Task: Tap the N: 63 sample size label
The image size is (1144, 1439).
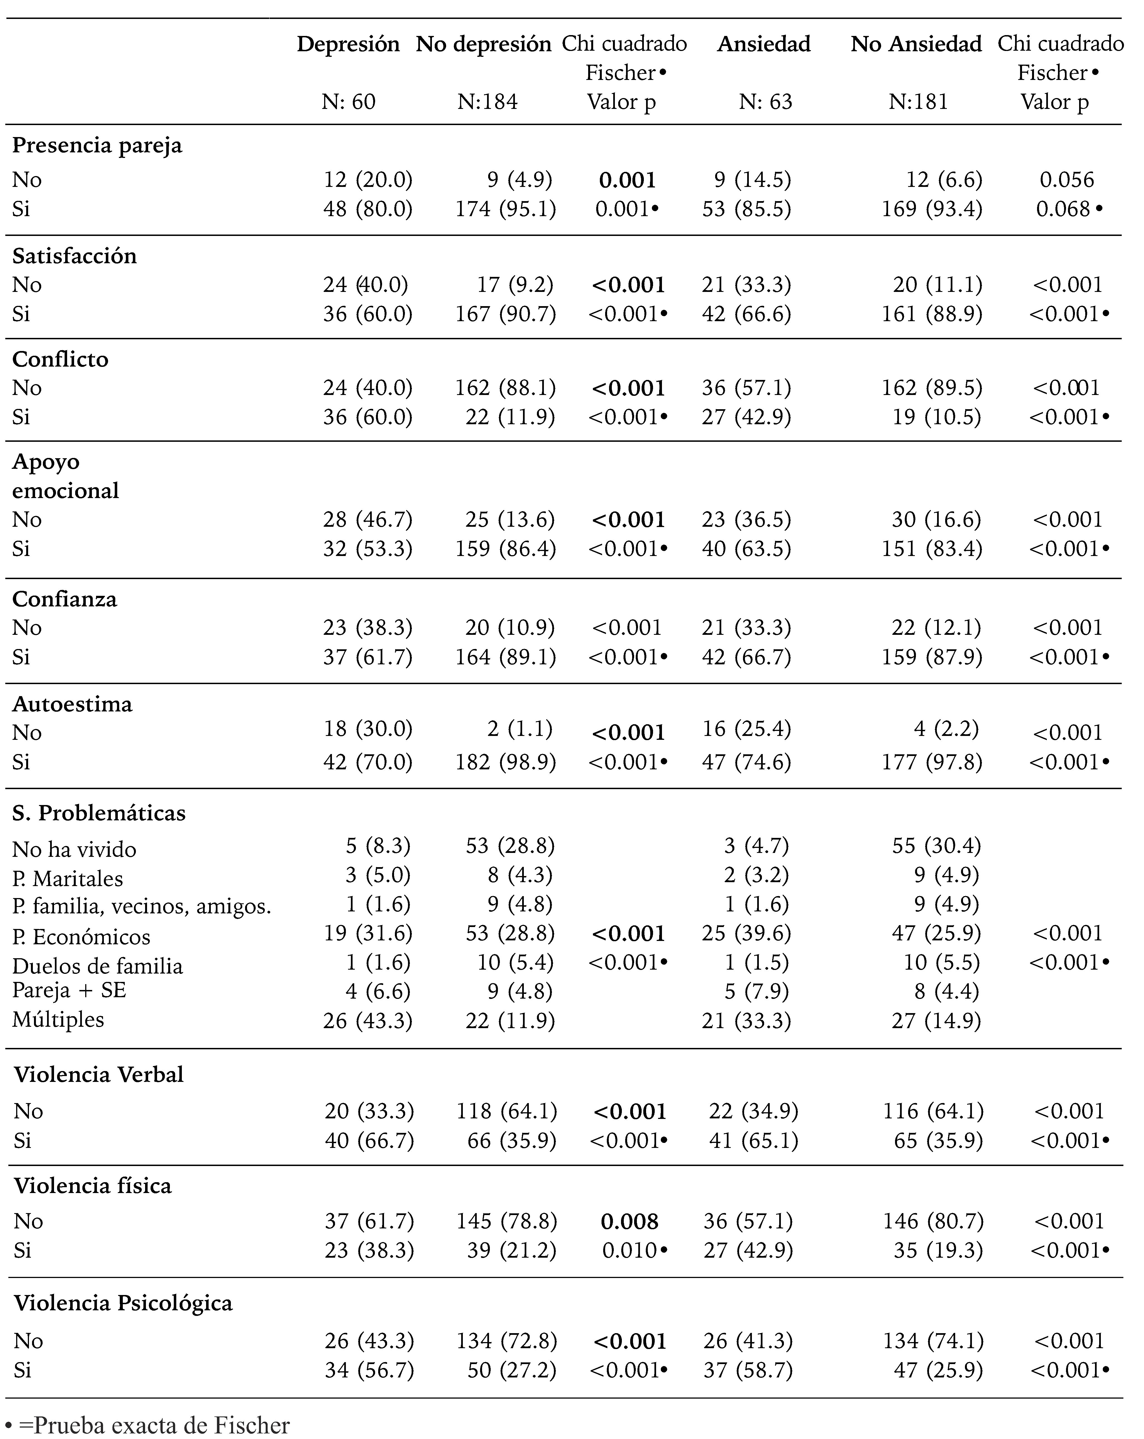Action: click(x=766, y=102)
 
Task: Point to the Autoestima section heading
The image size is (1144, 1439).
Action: click(x=72, y=704)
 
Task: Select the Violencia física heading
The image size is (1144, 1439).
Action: click(x=93, y=1185)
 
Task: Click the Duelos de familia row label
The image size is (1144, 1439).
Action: click(x=97, y=966)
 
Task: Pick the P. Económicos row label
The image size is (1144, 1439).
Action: click(x=81, y=936)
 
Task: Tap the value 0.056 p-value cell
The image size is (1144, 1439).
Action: click(x=1067, y=180)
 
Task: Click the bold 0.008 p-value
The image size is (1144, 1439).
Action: click(x=629, y=1221)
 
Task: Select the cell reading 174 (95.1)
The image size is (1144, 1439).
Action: click(x=505, y=209)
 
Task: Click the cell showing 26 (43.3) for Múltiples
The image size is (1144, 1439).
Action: click(x=368, y=1021)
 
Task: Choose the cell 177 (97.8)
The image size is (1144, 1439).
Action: click(x=932, y=762)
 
